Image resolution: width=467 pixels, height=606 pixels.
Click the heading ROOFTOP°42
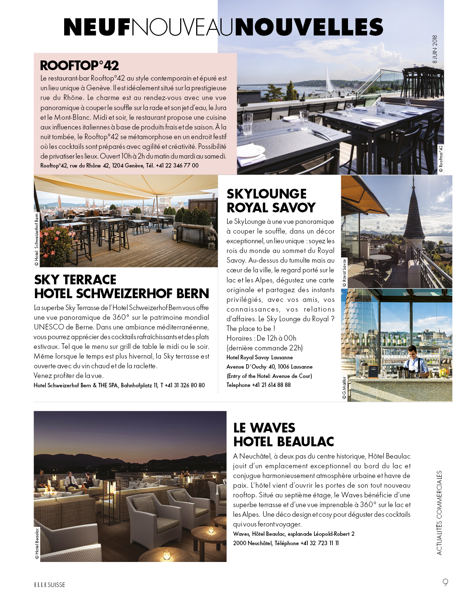[79, 66]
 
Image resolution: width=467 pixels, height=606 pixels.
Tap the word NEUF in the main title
[97, 27]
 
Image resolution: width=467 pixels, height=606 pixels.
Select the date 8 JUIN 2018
[435, 49]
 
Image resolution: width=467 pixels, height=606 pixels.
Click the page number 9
[445, 582]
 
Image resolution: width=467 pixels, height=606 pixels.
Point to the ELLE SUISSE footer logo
[50, 585]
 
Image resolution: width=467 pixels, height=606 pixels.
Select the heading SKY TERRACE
[75, 280]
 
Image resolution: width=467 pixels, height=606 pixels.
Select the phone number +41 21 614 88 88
[271, 385]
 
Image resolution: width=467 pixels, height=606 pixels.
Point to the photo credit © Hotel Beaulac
[37, 543]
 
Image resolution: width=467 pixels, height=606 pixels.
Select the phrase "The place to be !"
[251, 329]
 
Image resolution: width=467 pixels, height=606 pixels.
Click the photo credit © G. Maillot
[344, 388]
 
